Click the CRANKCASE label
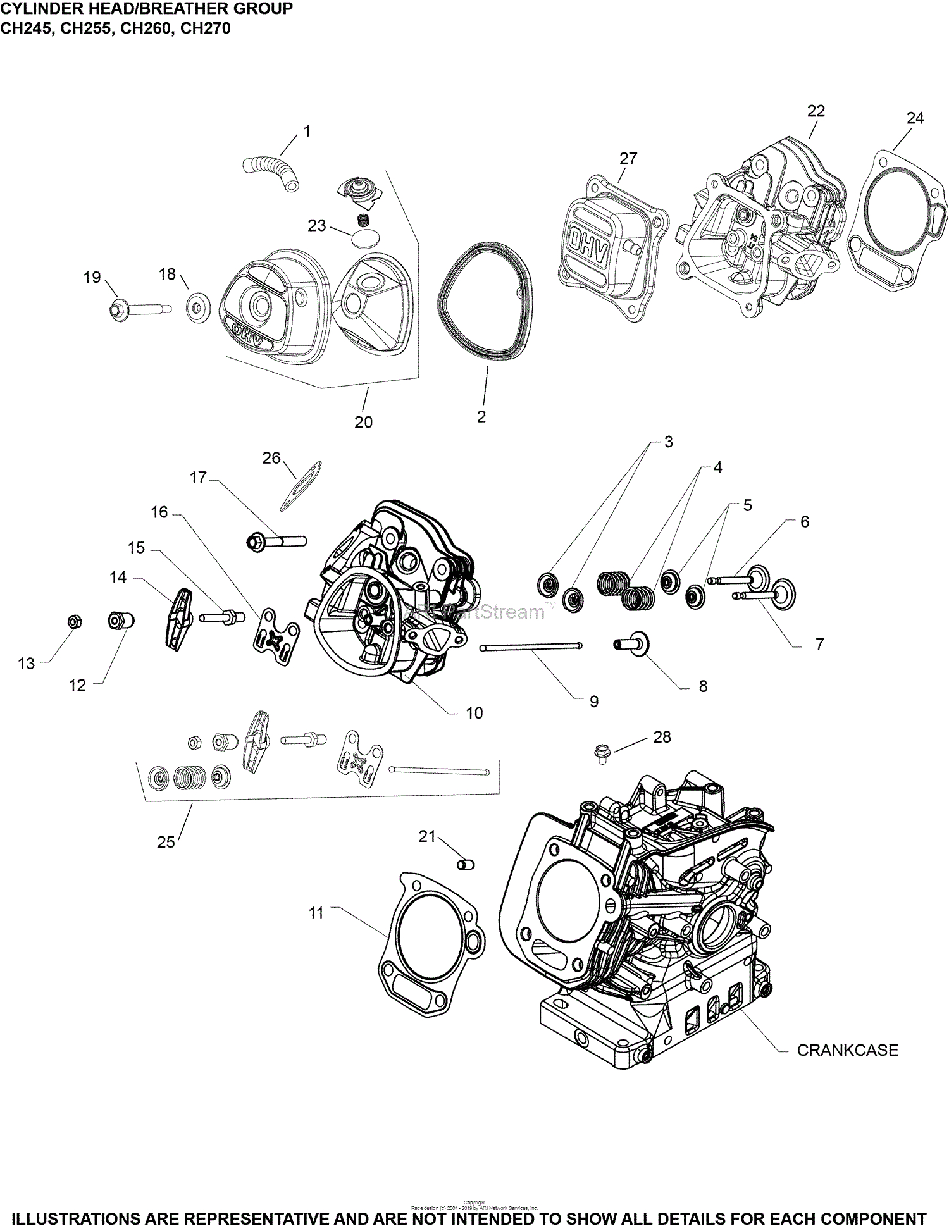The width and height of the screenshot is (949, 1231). tap(847, 1050)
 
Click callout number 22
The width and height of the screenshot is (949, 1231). tap(816, 111)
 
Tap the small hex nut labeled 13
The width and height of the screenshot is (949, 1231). tap(73, 622)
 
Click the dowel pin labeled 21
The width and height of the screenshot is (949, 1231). tap(466, 864)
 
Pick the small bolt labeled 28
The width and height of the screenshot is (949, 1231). tap(600, 752)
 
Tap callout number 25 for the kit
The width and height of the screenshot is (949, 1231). tap(166, 842)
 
